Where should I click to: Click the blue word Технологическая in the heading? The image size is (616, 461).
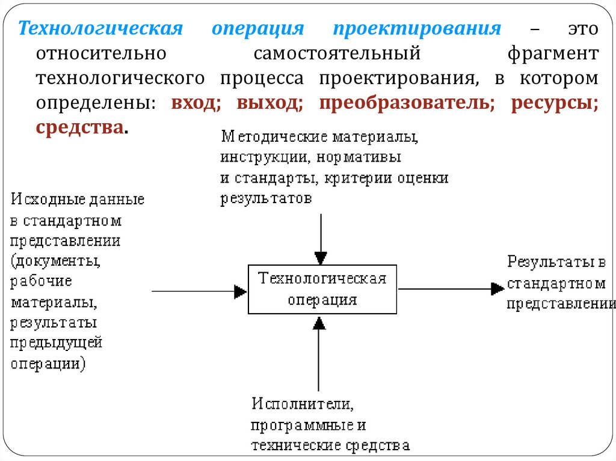99,29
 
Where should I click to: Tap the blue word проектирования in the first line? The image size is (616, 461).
417,29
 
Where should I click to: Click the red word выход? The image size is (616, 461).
269,103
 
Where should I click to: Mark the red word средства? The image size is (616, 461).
81,127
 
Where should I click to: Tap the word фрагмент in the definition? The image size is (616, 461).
552,54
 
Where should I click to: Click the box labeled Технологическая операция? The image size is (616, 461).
322,289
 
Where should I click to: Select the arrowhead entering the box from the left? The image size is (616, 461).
241,292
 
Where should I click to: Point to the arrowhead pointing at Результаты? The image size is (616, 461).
497,289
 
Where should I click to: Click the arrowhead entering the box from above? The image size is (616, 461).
322,257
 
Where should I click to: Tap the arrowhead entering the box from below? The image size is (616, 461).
319,323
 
